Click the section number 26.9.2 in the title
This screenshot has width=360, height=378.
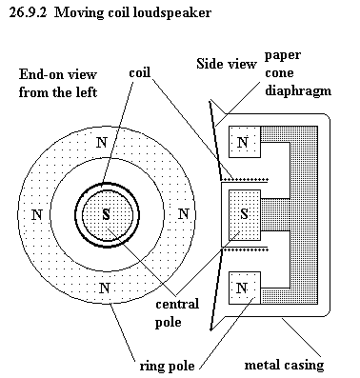(28, 12)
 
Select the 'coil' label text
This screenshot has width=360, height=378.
(139, 72)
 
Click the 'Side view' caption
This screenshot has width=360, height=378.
(226, 64)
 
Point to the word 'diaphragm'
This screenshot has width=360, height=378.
(298, 91)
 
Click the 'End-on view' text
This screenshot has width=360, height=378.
(57, 74)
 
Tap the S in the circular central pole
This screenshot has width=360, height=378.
(106, 215)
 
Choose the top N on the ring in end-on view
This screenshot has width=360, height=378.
(102, 143)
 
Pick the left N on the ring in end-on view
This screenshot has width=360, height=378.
(37, 215)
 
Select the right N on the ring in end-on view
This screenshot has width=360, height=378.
(184, 214)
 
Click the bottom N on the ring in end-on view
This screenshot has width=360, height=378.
(105, 288)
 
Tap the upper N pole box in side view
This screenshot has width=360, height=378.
(245, 142)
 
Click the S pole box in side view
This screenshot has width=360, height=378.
(245, 215)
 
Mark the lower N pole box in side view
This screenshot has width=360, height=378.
(245, 288)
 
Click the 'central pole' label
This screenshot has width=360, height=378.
(177, 313)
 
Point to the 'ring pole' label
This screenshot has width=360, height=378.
(167, 366)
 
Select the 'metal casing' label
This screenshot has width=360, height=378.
(284, 365)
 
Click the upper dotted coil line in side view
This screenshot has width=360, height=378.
(245, 178)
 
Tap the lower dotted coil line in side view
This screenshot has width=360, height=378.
(245, 249)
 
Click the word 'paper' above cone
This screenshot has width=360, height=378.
(283, 56)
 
